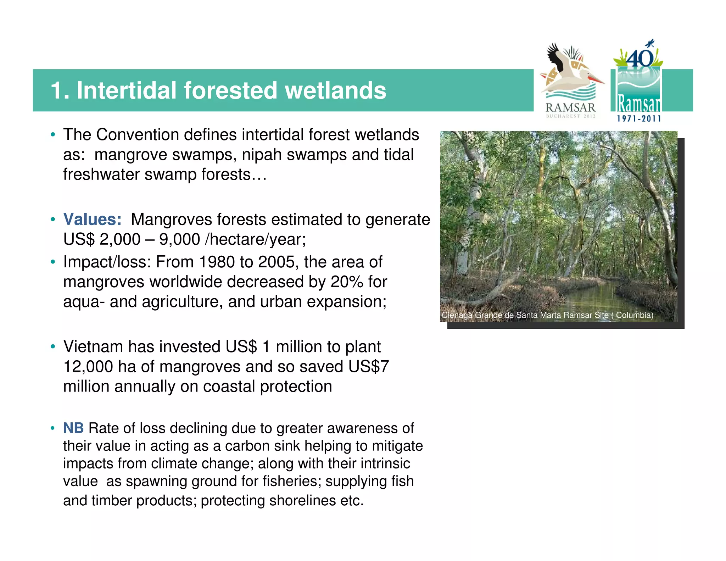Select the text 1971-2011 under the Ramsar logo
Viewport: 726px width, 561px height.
(639, 119)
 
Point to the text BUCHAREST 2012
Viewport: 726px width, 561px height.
(570, 116)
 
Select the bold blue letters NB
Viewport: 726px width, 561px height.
(73, 428)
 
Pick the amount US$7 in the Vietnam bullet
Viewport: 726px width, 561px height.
(369, 367)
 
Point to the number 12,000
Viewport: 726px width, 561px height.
(88, 367)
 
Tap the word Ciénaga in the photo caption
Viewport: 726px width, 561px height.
(457, 315)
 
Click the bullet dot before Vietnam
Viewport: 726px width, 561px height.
(53, 346)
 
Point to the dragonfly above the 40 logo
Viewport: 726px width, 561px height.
(650, 44)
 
